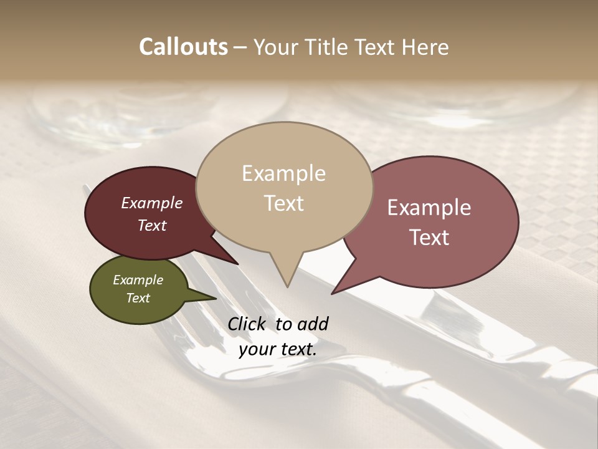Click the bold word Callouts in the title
coord(183,47)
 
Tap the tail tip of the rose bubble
coord(333,293)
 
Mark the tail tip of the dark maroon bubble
coord(237,264)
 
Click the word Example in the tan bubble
coord(283,173)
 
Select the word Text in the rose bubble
coord(429,238)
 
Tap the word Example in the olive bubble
coord(138,280)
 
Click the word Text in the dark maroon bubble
coord(152,225)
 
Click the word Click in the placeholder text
coord(247,324)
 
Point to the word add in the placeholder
coord(312,324)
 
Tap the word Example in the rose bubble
coord(429,208)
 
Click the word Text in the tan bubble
coord(284,203)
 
